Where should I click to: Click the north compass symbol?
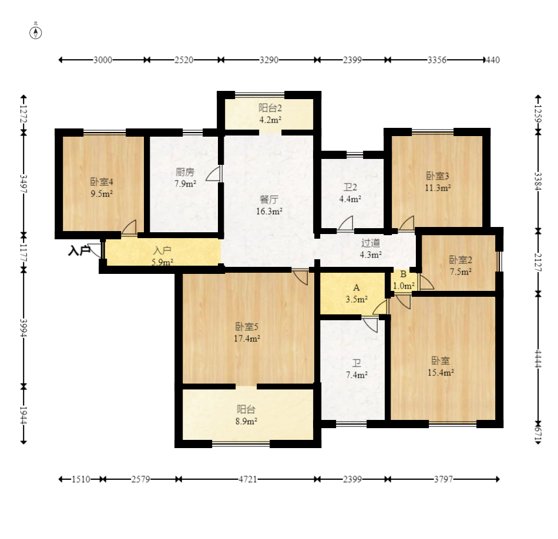click(x=36, y=33)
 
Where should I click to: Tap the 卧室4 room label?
click(x=102, y=182)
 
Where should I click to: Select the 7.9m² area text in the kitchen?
click(x=185, y=184)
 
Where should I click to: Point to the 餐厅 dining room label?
click(x=269, y=199)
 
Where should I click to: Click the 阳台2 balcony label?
click(x=270, y=108)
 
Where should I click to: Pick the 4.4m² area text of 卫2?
click(x=350, y=199)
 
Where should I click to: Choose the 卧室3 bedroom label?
click(x=438, y=176)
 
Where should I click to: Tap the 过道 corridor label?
click(x=371, y=243)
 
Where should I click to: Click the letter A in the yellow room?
click(x=356, y=288)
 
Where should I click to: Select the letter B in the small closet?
click(x=403, y=274)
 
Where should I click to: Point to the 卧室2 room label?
click(x=460, y=260)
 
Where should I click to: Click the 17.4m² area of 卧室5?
click(x=247, y=338)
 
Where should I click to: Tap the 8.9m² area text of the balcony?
click(x=246, y=421)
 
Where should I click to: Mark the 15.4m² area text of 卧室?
click(x=441, y=372)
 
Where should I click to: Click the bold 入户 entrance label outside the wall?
click(x=79, y=251)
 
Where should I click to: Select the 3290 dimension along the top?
click(x=268, y=60)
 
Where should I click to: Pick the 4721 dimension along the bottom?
click(x=248, y=479)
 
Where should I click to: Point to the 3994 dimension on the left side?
click(x=23, y=328)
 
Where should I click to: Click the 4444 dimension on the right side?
click(x=538, y=359)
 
